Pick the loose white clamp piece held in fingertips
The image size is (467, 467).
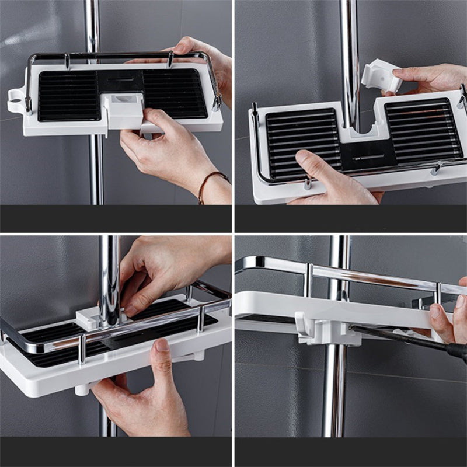pos(380,76)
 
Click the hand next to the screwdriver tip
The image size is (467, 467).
pos(447,318)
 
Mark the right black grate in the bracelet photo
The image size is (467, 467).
pos(175,92)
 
